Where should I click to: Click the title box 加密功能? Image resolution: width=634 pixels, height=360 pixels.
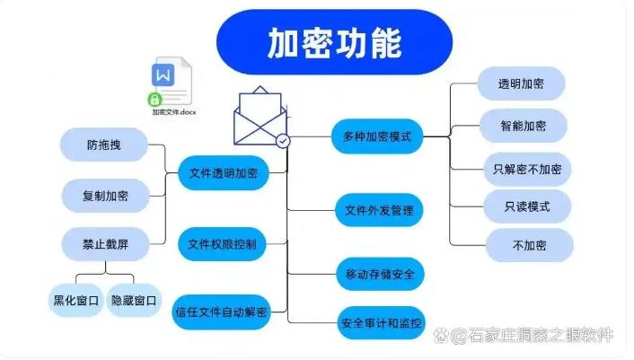[x=334, y=42]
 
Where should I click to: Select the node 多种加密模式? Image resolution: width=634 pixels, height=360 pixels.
[x=377, y=137]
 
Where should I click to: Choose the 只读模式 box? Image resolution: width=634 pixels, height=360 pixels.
[x=527, y=206]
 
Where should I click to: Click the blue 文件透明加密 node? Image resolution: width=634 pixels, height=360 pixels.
[x=224, y=173]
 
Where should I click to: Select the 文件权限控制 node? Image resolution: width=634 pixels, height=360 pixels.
[x=222, y=243]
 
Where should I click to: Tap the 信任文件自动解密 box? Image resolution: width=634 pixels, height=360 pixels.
[x=221, y=312]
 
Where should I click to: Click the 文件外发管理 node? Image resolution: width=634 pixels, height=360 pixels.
[x=378, y=211]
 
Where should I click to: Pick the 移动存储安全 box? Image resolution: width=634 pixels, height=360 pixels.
[x=379, y=274]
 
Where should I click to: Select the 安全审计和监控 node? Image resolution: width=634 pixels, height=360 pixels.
[x=381, y=321]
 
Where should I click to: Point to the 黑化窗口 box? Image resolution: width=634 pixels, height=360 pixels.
[x=75, y=300]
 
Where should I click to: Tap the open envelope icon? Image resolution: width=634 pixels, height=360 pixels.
[x=261, y=117]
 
